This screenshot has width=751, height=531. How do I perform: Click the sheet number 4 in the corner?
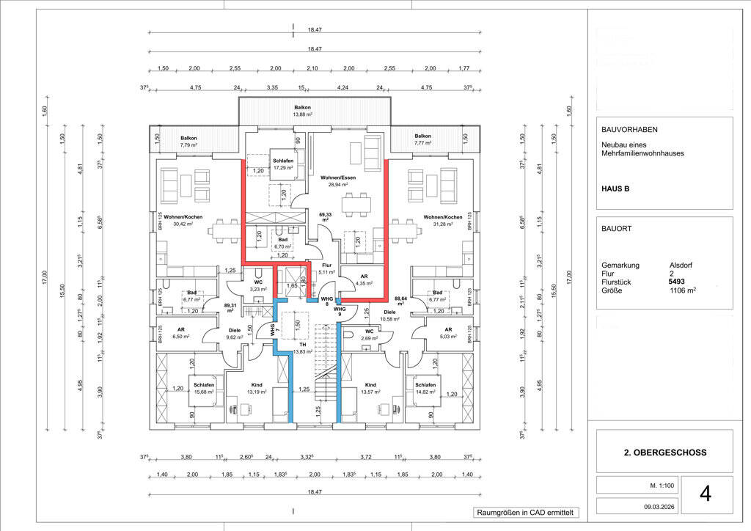tap(706, 494)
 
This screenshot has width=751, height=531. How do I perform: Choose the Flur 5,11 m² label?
tap(326, 268)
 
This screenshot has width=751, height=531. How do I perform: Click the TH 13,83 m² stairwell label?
tap(302, 348)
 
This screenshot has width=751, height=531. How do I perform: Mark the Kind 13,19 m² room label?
tap(257, 389)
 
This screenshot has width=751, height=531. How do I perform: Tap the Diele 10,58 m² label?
tap(389, 315)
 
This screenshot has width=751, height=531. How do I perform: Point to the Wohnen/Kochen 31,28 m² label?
tap(442, 221)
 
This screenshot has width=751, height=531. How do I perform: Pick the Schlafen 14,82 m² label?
tap(425, 389)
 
